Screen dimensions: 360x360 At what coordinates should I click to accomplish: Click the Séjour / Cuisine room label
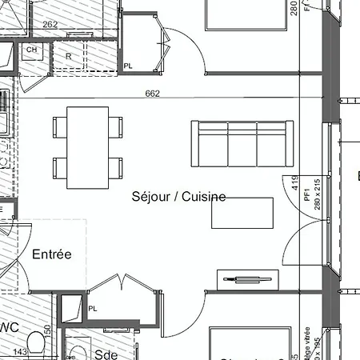click(x=178, y=196)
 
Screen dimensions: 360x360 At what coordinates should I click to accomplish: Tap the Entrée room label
click(x=52, y=254)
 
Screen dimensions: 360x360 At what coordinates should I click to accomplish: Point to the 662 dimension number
click(x=153, y=94)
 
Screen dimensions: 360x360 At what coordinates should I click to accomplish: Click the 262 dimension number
click(x=50, y=25)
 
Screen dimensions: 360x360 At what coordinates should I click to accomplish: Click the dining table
click(x=88, y=147)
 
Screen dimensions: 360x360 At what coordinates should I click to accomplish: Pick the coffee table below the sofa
click(x=242, y=213)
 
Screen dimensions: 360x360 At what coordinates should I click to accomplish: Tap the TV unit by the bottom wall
click(x=249, y=279)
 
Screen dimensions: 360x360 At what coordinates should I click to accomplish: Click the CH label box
click(x=31, y=50)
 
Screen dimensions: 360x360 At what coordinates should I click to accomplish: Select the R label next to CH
click(x=69, y=56)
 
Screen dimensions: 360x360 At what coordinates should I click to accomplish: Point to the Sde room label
click(x=106, y=354)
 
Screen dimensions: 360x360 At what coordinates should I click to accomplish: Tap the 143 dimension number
click(x=20, y=351)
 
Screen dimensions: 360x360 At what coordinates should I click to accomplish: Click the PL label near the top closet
click(x=128, y=66)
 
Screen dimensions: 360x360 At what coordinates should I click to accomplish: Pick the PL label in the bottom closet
click(x=93, y=308)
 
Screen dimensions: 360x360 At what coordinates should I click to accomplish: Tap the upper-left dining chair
click(x=61, y=126)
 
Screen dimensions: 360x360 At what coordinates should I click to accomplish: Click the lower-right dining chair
click(x=116, y=168)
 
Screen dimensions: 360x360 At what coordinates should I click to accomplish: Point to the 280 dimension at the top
click(x=294, y=7)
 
